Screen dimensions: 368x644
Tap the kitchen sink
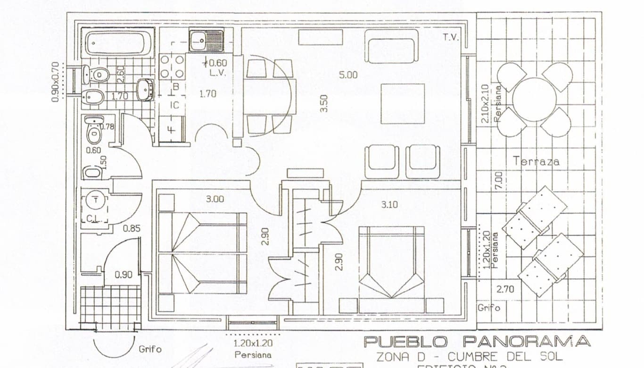click(x=206, y=40)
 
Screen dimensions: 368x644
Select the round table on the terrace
click(x=534, y=99)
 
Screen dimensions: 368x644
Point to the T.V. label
click(x=451, y=37)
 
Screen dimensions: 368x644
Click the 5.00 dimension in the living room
click(x=348, y=75)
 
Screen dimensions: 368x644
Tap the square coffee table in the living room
click(x=402, y=104)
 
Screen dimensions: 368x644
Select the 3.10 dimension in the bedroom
click(x=389, y=204)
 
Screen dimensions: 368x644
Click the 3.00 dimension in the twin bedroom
click(x=215, y=199)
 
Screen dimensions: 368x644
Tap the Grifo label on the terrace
click(x=488, y=308)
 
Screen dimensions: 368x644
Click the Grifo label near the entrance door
click(x=150, y=350)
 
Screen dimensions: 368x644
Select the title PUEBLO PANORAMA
click(x=477, y=342)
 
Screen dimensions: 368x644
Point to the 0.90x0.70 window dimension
click(x=55, y=82)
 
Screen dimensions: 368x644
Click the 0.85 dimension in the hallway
click(x=132, y=229)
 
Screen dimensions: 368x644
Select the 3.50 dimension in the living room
click(x=323, y=103)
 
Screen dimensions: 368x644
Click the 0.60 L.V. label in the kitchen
click(x=217, y=67)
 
